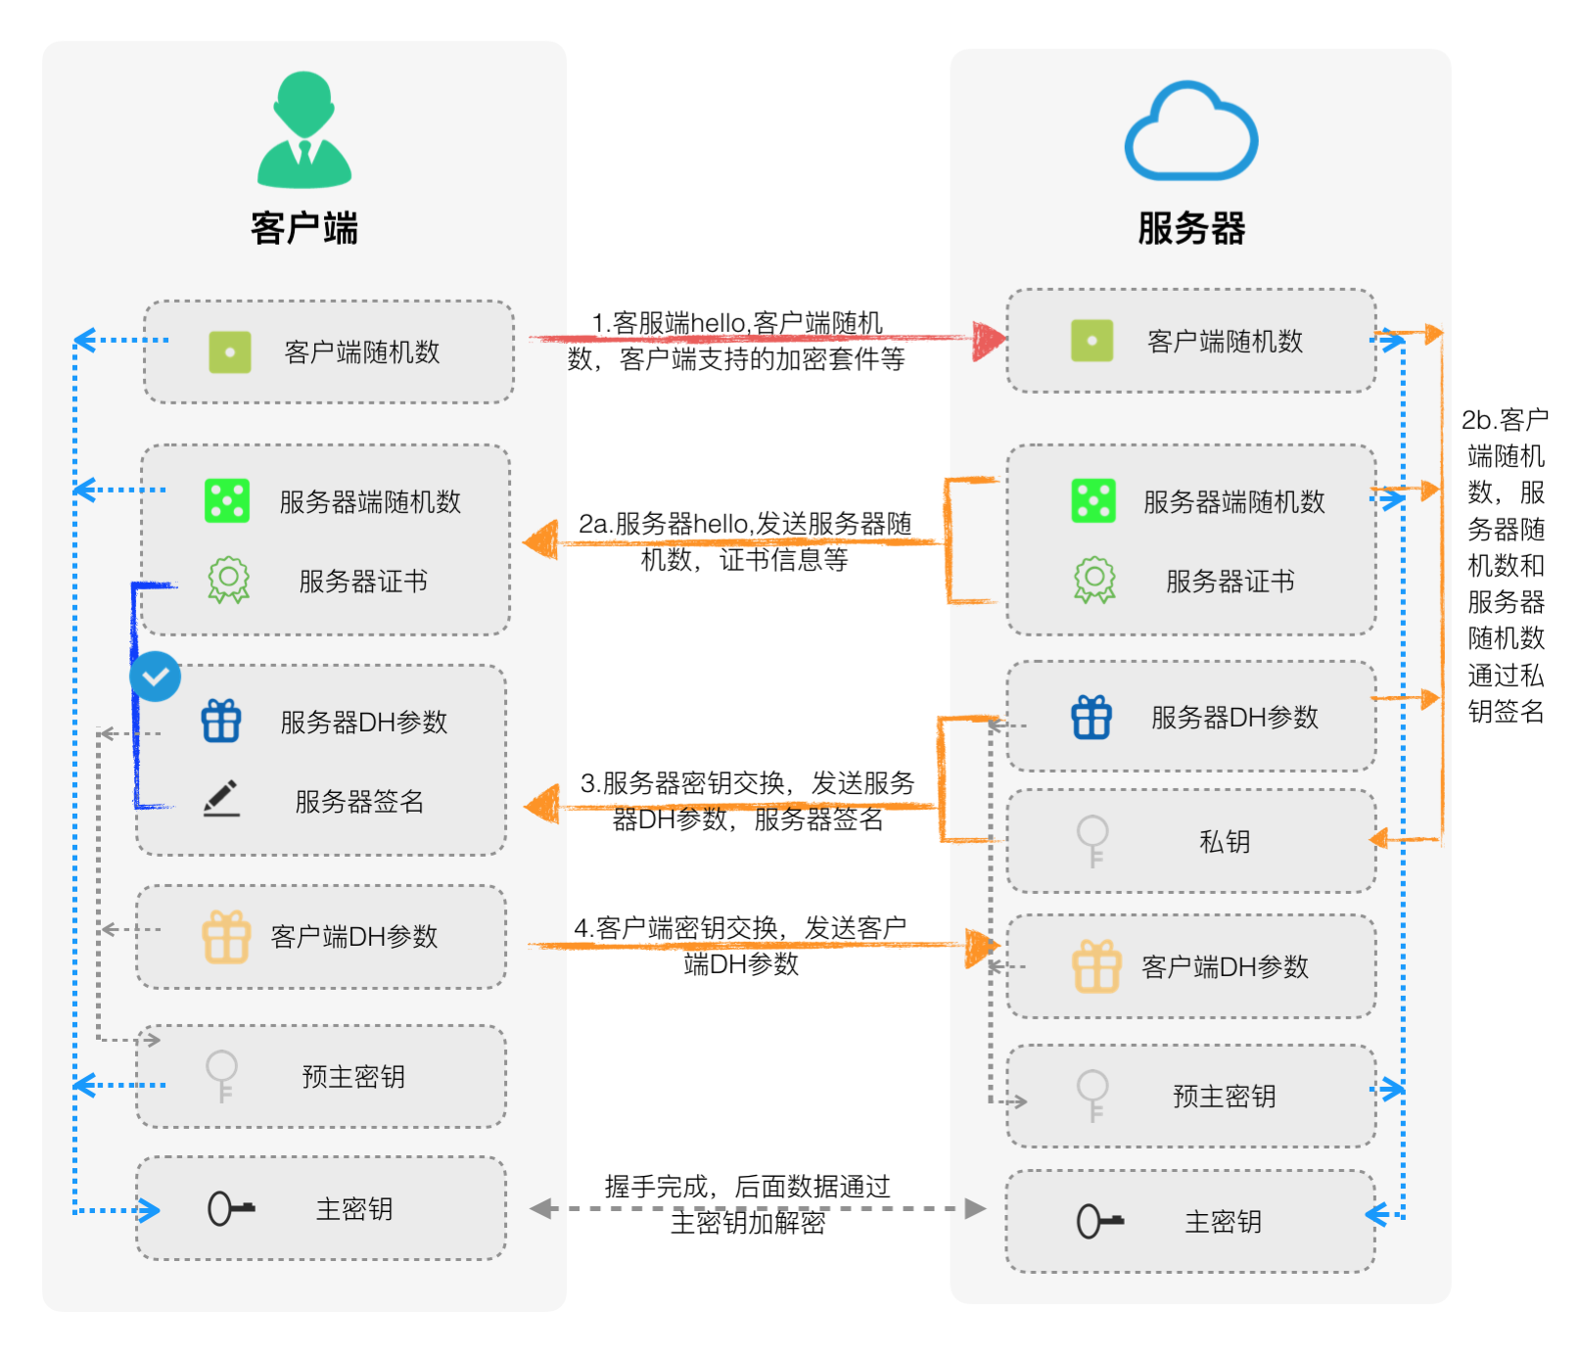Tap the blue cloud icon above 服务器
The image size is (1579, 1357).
[x=1190, y=132]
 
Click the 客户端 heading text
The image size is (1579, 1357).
[x=304, y=227]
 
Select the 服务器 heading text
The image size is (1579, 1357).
[x=1190, y=227]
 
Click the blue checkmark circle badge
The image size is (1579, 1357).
[x=156, y=676]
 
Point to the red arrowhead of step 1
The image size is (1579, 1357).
[x=989, y=340]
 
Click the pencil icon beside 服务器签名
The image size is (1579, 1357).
[x=222, y=798]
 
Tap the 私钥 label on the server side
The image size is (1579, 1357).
[x=1225, y=841]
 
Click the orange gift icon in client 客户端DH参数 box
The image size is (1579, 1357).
[x=226, y=937]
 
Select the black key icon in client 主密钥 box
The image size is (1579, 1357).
[x=230, y=1208]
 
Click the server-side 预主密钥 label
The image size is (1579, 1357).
[x=1224, y=1096]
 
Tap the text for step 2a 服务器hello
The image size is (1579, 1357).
[x=744, y=540]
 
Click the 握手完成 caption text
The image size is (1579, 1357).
[x=748, y=1203]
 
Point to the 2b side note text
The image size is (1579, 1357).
[x=1506, y=565]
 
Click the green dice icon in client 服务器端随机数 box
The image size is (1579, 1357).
[x=227, y=500]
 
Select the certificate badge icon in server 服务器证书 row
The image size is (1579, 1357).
[x=1094, y=580]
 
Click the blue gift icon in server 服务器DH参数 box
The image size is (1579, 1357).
[x=1091, y=717]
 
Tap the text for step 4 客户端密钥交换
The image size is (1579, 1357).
[x=741, y=945]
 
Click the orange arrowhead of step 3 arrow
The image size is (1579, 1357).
[x=541, y=806]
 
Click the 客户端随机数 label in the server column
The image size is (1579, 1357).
[x=1225, y=341]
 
